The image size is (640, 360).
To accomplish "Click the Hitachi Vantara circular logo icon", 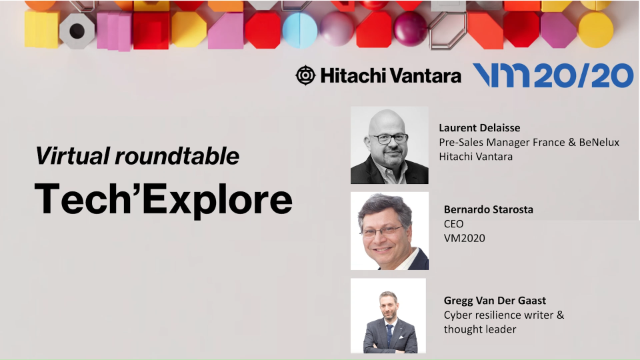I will (305, 75).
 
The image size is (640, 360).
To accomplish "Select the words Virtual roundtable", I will (137, 156).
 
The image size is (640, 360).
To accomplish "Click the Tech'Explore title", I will (163, 198).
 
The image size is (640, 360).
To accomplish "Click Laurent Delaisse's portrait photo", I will (389, 145).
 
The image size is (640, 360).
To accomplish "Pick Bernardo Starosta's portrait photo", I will (389, 231).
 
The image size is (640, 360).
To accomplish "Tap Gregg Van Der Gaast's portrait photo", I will (389, 315).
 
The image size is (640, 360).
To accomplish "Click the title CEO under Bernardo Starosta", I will (455, 226).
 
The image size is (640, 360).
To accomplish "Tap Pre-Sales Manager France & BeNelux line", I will (529, 142).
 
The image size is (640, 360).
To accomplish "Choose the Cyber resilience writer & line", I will (504, 315).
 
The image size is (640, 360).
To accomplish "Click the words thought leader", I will (480, 329).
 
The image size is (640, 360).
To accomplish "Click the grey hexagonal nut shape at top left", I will (77, 30).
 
